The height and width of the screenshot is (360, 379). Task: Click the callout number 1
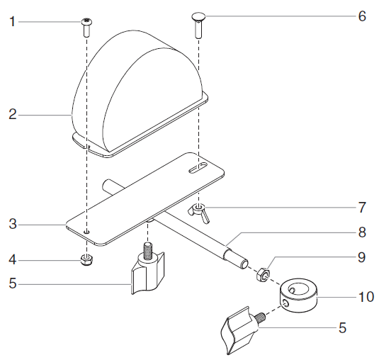click(x=12, y=22)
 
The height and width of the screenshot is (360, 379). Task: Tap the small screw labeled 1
click(x=86, y=28)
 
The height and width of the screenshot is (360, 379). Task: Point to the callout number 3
click(x=12, y=226)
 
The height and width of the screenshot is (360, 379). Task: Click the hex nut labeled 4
click(x=86, y=258)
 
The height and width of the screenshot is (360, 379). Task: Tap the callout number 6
click(x=362, y=16)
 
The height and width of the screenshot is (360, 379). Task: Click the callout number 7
click(x=362, y=208)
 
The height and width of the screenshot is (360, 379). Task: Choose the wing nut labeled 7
click(x=198, y=210)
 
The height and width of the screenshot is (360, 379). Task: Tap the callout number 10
click(x=366, y=296)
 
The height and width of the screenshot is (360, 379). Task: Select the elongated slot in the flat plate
click(x=198, y=168)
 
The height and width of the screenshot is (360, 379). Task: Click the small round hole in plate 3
click(x=86, y=231)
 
